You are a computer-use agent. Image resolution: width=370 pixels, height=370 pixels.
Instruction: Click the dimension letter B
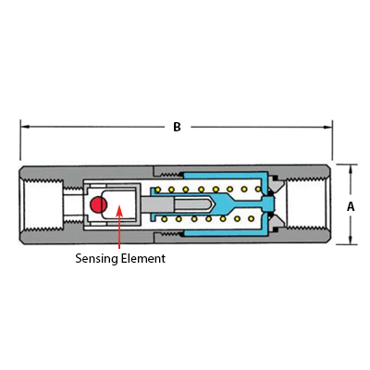177,127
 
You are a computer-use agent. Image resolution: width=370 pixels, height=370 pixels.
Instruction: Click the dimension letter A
351,206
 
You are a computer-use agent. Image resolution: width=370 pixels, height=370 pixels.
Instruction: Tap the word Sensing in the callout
96,258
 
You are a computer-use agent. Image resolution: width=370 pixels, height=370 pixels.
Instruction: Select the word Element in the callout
143,258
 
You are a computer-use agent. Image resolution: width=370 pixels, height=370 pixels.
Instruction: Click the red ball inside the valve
98,204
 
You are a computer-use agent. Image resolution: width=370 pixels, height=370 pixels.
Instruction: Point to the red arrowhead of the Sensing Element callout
119,212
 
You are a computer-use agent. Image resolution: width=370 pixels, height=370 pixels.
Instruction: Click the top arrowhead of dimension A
351,169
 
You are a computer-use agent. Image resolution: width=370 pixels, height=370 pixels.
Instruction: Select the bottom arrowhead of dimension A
351,240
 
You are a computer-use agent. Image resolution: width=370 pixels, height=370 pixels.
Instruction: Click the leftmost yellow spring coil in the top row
157,190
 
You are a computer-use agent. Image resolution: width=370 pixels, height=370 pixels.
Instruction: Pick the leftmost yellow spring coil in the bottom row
165,219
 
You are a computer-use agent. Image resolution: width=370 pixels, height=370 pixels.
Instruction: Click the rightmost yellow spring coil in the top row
258,189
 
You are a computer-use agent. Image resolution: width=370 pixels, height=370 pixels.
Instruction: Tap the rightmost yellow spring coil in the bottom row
252,218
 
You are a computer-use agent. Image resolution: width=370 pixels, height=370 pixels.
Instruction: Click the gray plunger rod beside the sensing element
156,204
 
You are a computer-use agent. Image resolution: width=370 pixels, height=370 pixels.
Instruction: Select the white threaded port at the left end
43,204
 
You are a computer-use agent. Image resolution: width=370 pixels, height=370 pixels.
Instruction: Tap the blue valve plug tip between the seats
269,203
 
